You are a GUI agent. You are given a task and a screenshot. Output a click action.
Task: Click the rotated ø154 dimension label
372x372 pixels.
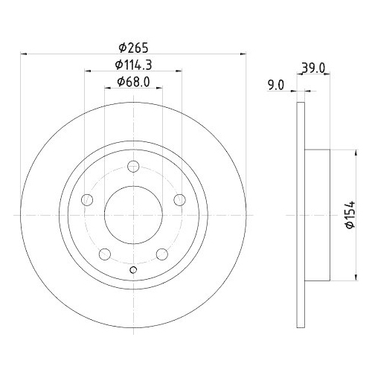pos(348,214)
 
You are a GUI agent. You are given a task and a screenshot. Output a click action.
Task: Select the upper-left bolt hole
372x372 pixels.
pos(86,199)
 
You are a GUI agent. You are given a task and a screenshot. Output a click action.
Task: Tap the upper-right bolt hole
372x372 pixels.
pos(179,199)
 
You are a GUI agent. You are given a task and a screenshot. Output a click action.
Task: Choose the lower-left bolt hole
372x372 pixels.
pos(104,254)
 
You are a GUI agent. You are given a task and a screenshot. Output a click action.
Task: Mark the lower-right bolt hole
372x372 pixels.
pos(161,254)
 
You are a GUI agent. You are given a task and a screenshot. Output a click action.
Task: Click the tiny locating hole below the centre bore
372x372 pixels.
pos(132,269)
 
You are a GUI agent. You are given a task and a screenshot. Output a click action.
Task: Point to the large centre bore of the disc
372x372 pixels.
pos(132,214)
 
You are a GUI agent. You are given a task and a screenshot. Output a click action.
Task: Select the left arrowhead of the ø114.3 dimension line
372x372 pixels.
pos(88,71)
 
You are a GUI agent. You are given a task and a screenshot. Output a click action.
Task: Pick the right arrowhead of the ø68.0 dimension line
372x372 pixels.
pos(158,90)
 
